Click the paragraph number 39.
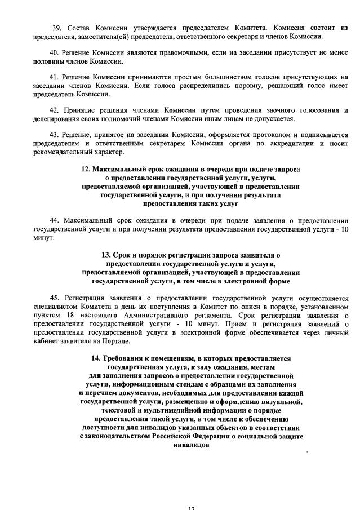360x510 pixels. pos(55,28)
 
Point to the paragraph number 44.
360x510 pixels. pos(55,220)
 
